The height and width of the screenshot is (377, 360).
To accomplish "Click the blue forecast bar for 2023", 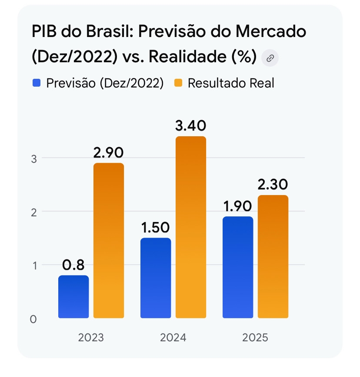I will coord(73,296).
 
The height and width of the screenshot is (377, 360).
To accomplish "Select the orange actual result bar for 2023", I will coord(109,240).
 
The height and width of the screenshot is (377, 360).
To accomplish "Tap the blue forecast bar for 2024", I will coord(156,278).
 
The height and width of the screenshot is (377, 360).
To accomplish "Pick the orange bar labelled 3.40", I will coord(191,227).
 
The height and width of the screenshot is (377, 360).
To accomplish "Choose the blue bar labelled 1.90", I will coord(238,267).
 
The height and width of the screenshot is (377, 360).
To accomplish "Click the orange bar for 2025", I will coord(273,256).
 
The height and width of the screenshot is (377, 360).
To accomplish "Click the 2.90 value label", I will coord(109,153).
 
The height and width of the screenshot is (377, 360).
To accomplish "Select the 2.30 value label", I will coord(273,185).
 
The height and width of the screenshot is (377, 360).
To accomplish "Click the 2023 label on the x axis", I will coord(91,338).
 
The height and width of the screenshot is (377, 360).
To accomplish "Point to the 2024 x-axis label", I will coord(173,338).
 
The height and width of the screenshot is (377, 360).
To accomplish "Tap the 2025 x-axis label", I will coord(255,338).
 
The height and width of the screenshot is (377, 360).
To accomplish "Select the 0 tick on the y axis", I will coord(33,319).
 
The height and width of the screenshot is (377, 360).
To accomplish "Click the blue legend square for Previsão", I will coord(37,83).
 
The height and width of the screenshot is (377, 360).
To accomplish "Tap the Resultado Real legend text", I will coord(231,83).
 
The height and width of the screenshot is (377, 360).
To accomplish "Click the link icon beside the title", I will coord(270,57).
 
